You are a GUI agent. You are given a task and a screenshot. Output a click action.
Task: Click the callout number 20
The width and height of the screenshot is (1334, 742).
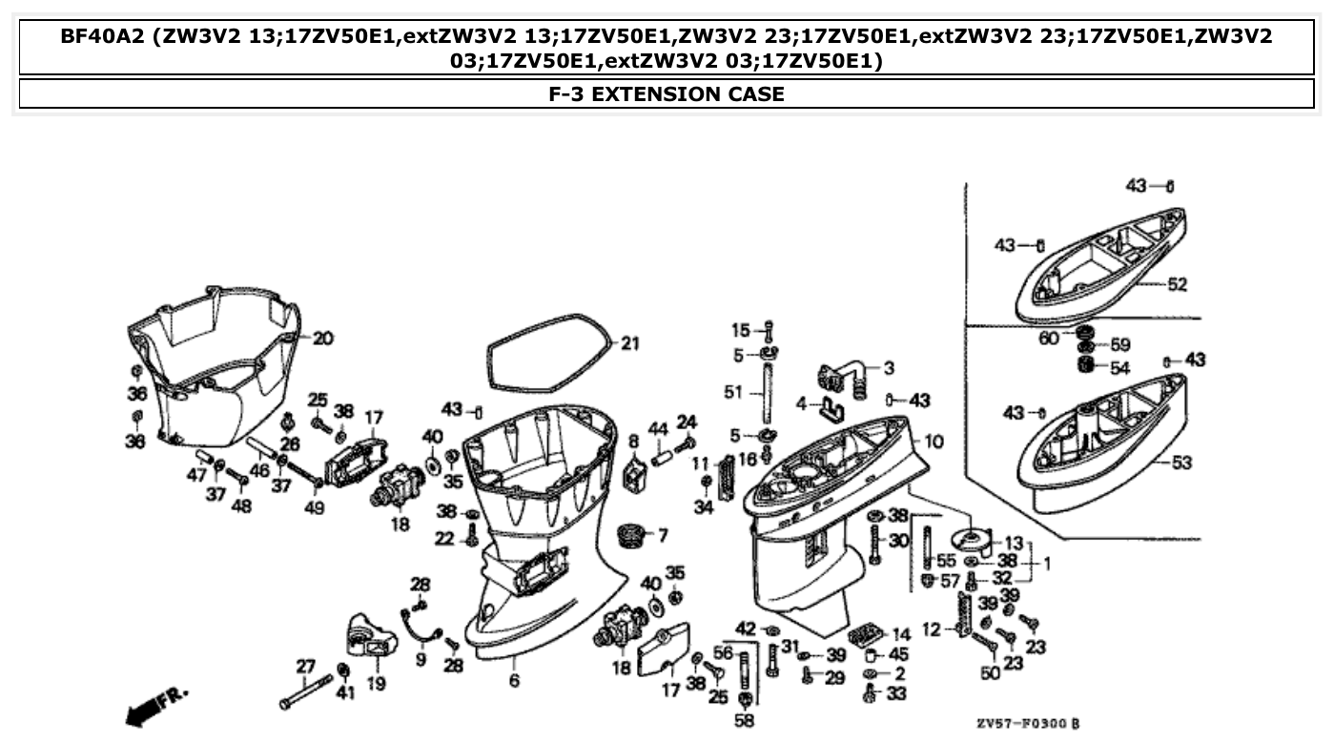(323, 338)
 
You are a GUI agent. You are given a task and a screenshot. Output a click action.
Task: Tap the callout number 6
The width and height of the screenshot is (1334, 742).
(514, 681)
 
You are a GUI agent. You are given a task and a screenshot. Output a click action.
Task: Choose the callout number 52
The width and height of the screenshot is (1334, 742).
(1178, 284)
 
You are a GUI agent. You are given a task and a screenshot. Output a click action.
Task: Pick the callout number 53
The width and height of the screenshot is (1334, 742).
(1181, 464)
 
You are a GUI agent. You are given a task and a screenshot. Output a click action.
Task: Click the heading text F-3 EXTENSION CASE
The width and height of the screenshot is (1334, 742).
(667, 93)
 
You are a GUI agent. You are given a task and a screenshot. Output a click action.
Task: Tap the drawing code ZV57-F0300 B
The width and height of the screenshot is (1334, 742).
(1028, 724)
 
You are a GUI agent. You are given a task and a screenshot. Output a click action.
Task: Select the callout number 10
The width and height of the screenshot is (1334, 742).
(934, 442)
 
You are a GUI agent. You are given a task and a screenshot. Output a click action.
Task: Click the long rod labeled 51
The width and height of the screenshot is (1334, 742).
(765, 392)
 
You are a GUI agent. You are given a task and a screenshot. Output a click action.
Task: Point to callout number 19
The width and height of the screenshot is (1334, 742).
(376, 684)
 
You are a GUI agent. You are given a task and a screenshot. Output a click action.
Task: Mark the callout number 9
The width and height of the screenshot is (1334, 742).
(421, 659)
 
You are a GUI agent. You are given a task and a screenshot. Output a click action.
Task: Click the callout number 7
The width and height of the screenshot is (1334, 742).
(662, 535)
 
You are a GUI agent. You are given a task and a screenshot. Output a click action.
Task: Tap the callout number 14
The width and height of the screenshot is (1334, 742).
(901, 634)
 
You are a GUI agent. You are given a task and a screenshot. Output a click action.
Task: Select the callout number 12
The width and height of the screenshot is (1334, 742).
(932, 629)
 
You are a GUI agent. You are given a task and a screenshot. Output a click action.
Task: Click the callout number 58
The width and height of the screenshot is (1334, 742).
(745, 721)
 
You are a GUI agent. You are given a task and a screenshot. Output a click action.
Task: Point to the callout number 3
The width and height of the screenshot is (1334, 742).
(888, 367)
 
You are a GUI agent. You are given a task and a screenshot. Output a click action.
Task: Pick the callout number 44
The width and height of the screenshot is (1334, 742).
(658, 429)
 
